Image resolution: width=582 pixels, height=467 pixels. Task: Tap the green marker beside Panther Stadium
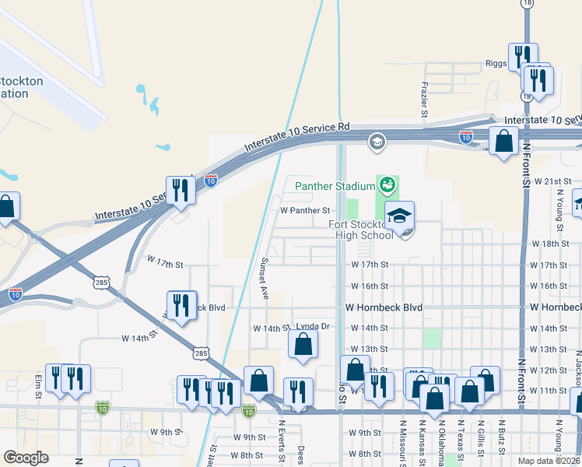(x=387, y=185)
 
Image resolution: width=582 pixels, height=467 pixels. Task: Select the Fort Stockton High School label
(x=359, y=230)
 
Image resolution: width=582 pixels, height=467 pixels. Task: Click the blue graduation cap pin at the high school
(x=399, y=217)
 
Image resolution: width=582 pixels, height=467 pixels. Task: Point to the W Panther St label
(x=305, y=210)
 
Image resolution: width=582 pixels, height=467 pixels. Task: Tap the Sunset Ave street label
(x=265, y=278)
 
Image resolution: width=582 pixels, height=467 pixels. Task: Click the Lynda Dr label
(x=313, y=327)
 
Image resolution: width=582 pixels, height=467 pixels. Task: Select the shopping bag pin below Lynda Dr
(x=303, y=344)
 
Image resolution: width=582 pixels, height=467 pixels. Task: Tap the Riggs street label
(x=496, y=64)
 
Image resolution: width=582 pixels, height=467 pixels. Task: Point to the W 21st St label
(x=556, y=181)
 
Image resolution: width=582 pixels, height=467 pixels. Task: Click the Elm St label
(x=37, y=389)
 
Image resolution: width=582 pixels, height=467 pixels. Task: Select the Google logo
(x=26, y=458)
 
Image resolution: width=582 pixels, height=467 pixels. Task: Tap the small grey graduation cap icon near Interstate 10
(x=377, y=142)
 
